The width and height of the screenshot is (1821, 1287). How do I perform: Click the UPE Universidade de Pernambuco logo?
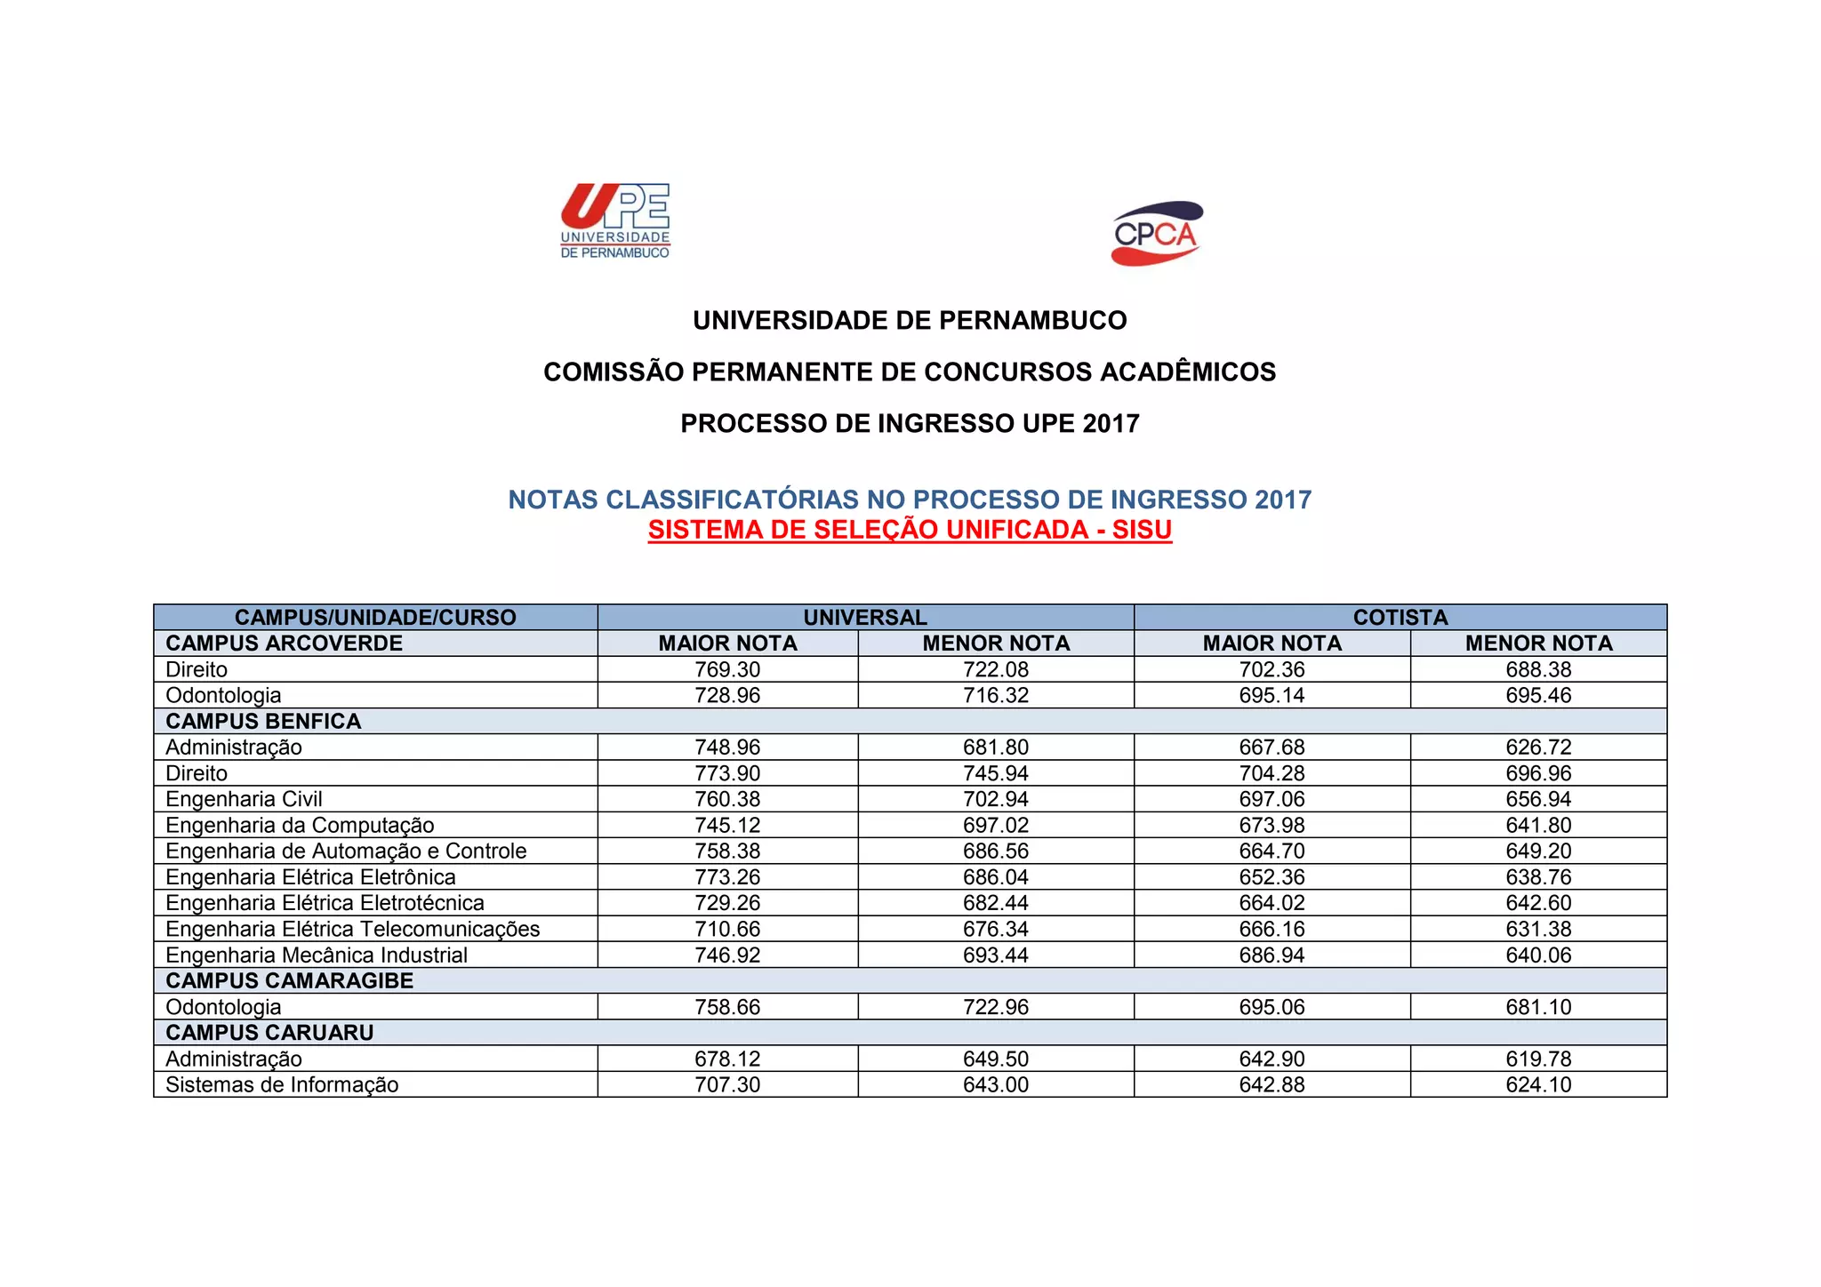(615, 221)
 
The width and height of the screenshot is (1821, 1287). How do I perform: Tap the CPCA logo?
(1156, 234)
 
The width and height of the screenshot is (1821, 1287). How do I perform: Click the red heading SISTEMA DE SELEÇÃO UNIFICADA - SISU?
(910, 530)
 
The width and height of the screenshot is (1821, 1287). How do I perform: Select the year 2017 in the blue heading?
(1283, 500)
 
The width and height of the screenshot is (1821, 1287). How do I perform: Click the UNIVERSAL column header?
(865, 617)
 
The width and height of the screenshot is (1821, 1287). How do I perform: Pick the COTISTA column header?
(1400, 617)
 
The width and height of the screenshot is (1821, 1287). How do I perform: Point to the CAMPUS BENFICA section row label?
(263, 721)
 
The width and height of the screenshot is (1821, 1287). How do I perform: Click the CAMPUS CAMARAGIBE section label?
(290, 980)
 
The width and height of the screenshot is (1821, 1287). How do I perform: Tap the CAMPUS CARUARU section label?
(269, 1033)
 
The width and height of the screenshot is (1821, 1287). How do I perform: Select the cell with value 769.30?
(727, 669)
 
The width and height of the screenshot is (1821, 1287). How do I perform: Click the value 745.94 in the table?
(996, 773)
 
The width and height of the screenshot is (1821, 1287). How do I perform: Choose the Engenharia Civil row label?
(244, 799)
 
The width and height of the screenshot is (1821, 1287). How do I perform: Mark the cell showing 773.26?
(727, 877)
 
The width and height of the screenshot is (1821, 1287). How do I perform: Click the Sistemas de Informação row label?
(282, 1084)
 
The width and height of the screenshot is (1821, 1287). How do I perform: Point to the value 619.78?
(1538, 1059)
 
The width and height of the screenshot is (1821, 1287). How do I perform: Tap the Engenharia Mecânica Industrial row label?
(317, 955)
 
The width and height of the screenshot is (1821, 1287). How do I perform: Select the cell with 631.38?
(1538, 929)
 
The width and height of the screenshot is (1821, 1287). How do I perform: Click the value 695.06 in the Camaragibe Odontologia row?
(1271, 1007)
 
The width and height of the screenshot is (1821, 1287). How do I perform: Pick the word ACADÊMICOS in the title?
(1188, 372)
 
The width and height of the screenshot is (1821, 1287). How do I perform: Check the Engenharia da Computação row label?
(300, 825)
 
